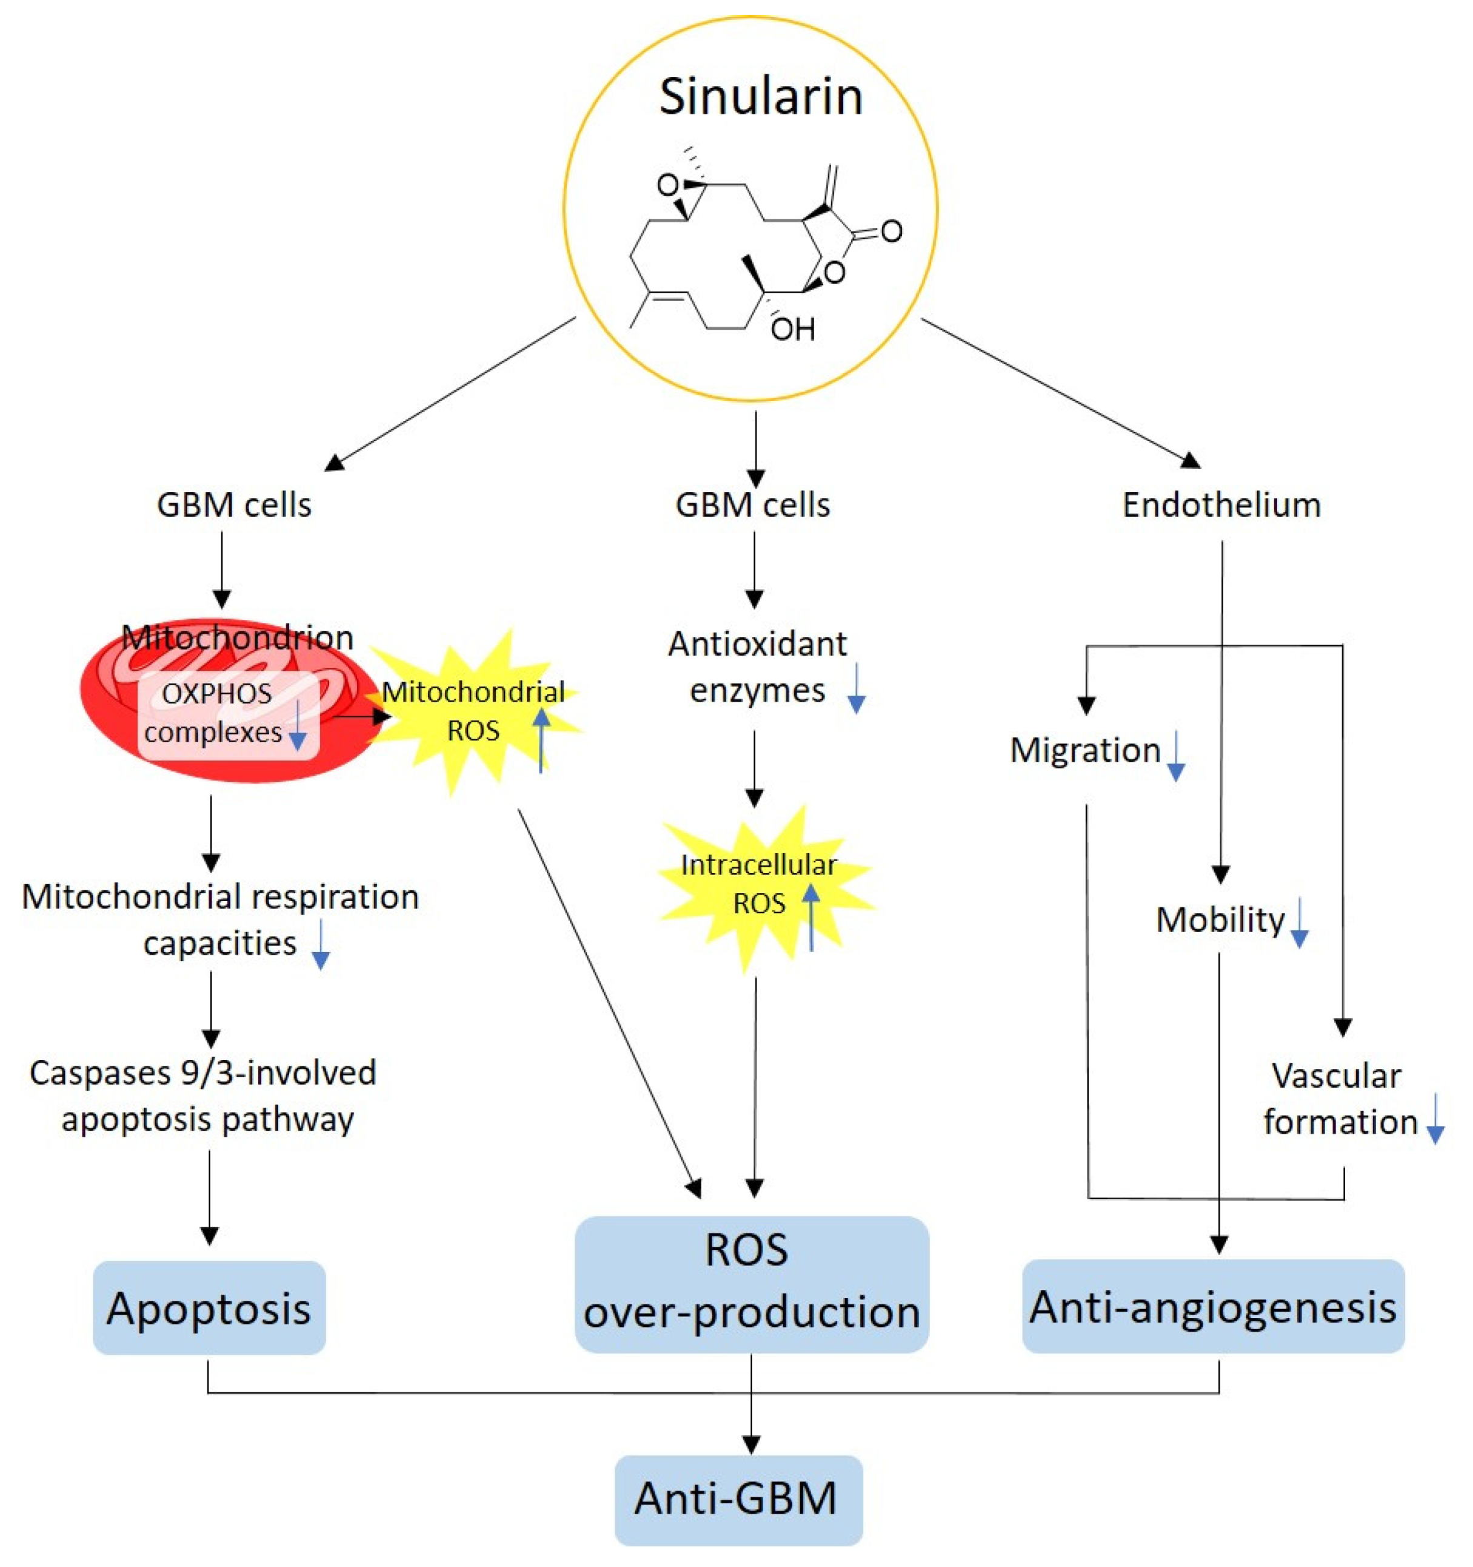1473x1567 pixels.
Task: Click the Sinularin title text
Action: (760, 97)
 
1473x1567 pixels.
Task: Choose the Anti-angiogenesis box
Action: (1213, 1308)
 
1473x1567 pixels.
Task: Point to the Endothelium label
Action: (1221, 505)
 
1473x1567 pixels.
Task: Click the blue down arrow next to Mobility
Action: (1299, 923)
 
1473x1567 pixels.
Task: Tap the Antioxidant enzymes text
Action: (757, 667)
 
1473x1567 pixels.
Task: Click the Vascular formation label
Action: (1339, 1099)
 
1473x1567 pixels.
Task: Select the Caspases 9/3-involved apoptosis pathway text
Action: (204, 1096)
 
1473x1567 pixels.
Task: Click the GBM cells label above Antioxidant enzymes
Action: (752, 505)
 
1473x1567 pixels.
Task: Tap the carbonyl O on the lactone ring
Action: (891, 231)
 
